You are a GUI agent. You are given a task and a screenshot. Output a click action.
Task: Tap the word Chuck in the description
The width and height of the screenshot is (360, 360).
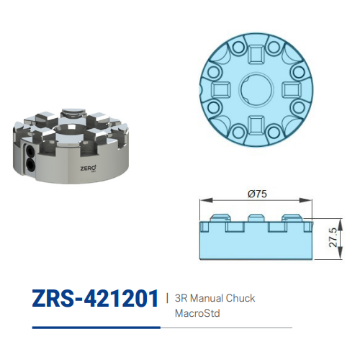pyautogui.click(x=240, y=297)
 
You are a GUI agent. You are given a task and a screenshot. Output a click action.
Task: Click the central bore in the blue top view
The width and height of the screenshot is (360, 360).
pyautogui.click(x=256, y=89)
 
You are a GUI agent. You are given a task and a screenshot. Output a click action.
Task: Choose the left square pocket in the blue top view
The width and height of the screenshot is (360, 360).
pyautogui.click(x=219, y=89)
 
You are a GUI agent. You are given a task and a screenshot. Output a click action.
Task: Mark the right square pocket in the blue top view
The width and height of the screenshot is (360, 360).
pyautogui.click(x=294, y=89)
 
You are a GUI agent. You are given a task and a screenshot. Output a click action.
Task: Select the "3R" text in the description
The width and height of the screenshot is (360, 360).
pyautogui.click(x=181, y=297)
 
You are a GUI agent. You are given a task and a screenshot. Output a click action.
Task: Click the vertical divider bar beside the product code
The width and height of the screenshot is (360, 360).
pyautogui.click(x=167, y=297)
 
